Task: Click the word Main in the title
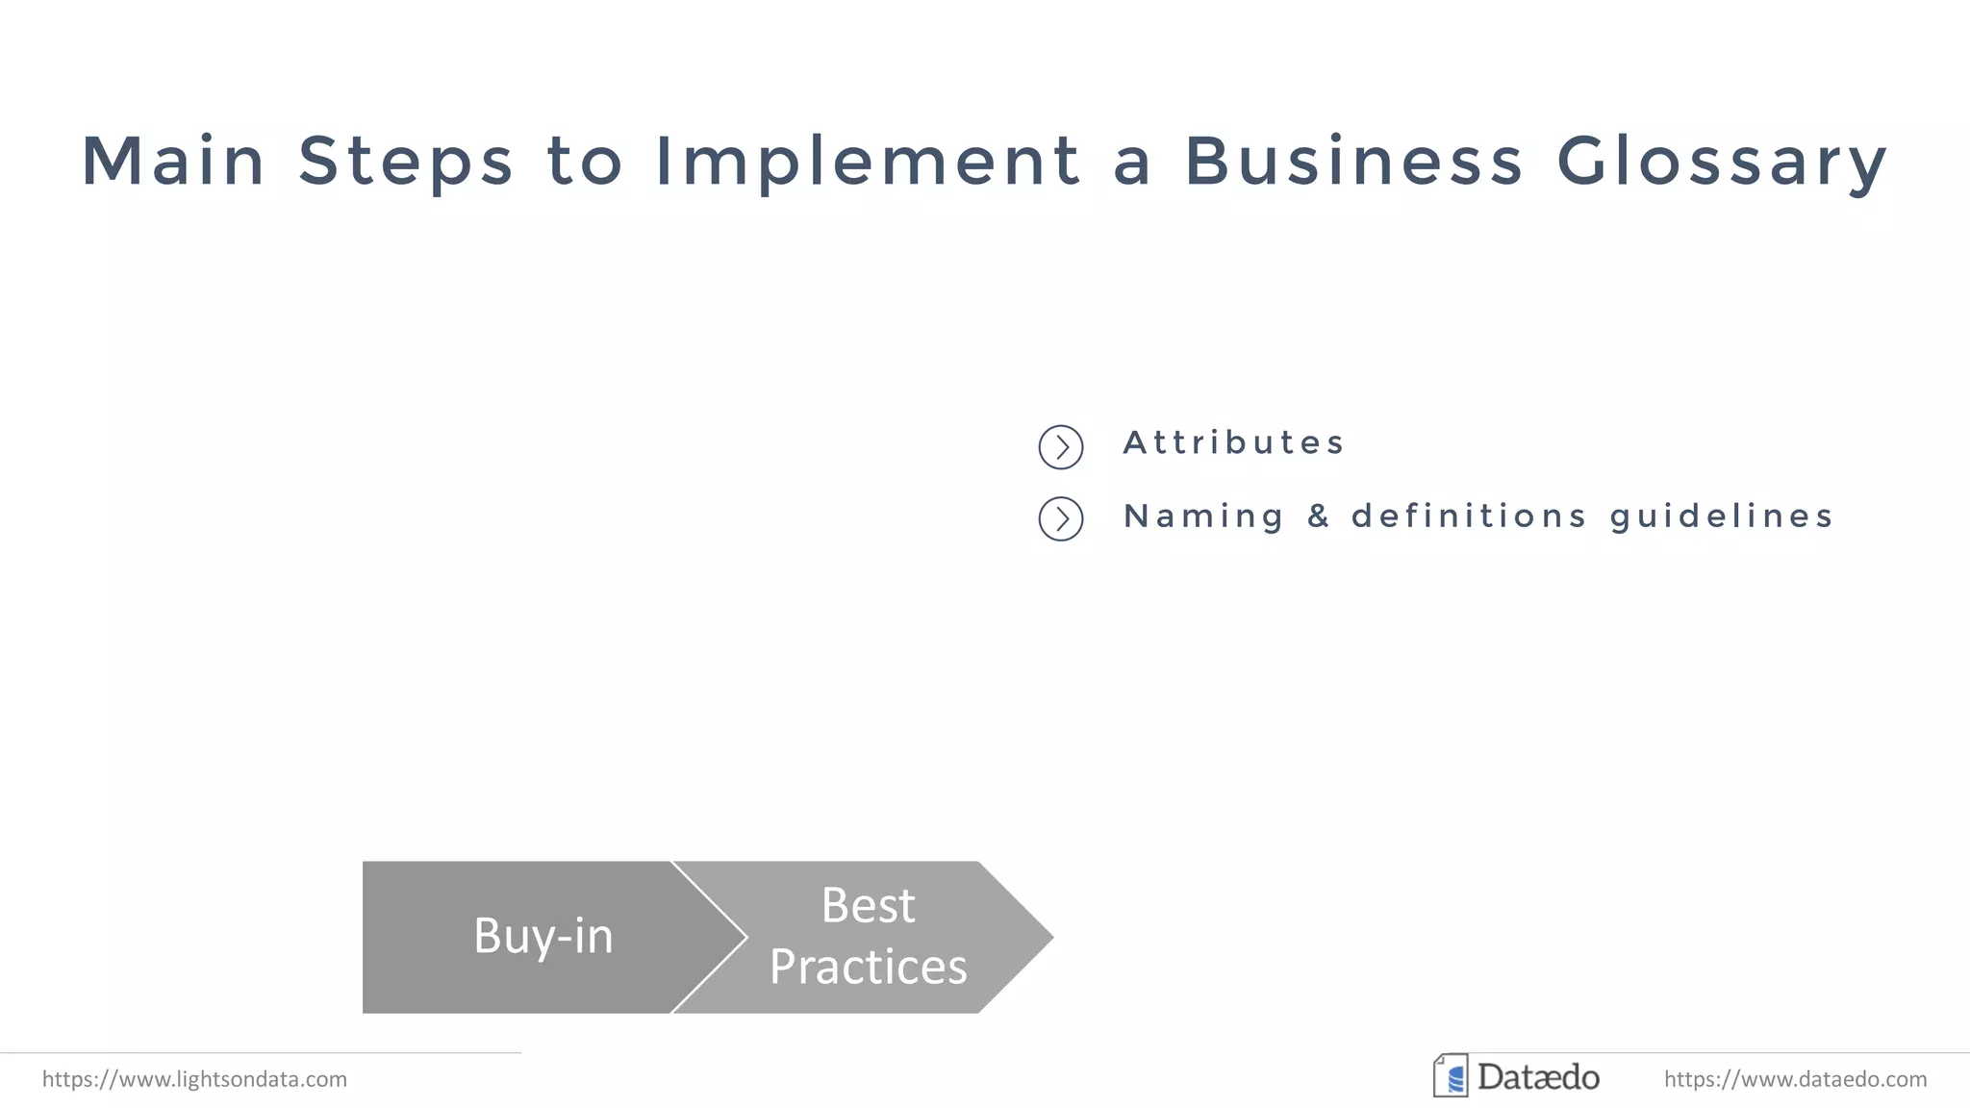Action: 173,161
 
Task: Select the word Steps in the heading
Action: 406,161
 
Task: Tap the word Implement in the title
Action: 868,161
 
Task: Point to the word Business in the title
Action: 1353,161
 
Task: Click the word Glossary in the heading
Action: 1722,161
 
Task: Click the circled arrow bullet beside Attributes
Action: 1061,447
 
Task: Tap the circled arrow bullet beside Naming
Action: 1061,519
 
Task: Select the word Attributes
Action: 1233,442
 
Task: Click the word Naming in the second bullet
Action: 1203,516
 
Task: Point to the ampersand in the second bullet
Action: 1318,516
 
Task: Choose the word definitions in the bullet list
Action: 1469,516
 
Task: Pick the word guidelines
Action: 1722,516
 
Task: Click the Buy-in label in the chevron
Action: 543,936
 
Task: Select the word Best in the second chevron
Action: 868,905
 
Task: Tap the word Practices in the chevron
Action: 868,967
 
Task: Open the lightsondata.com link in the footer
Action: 194,1079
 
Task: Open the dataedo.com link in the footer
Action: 1795,1079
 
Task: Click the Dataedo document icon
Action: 1451,1076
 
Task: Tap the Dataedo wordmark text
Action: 1538,1077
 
